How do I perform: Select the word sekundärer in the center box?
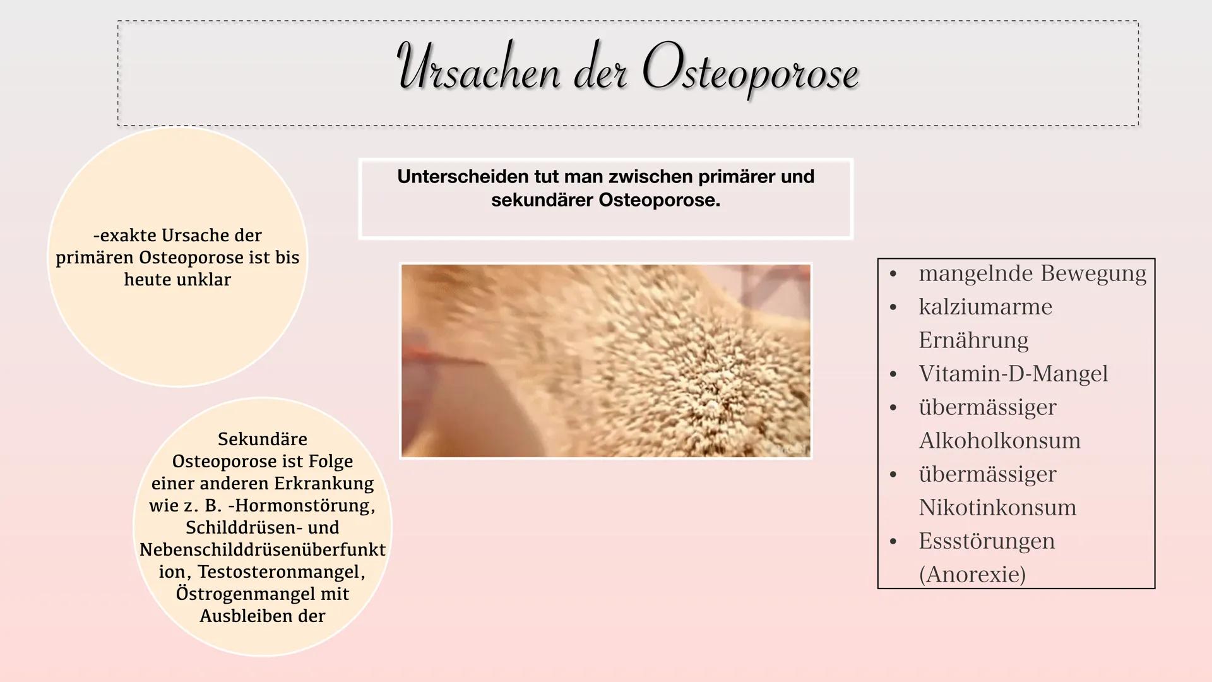pyautogui.click(x=542, y=201)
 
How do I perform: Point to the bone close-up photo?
pyautogui.click(x=605, y=361)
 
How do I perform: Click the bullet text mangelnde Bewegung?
pyautogui.click(x=1032, y=273)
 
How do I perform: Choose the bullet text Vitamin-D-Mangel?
pyautogui.click(x=1013, y=374)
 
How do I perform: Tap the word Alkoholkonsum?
pyautogui.click(x=999, y=441)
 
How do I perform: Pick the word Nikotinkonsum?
pyautogui.click(x=997, y=508)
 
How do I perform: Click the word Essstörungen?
pyautogui.click(x=987, y=541)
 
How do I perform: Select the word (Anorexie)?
pyautogui.click(x=972, y=575)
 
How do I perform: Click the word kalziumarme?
pyautogui.click(x=985, y=307)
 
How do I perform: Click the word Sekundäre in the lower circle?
pyautogui.click(x=262, y=439)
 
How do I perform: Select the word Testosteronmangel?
pyautogui.click(x=281, y=571)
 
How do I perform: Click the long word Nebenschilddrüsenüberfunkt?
pyautogui.click(x=262, y=549)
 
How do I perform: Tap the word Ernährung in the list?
pyautogui.click(x=973, y=340)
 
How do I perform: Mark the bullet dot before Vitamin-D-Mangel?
pyautogui.click(x=893, y=374)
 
